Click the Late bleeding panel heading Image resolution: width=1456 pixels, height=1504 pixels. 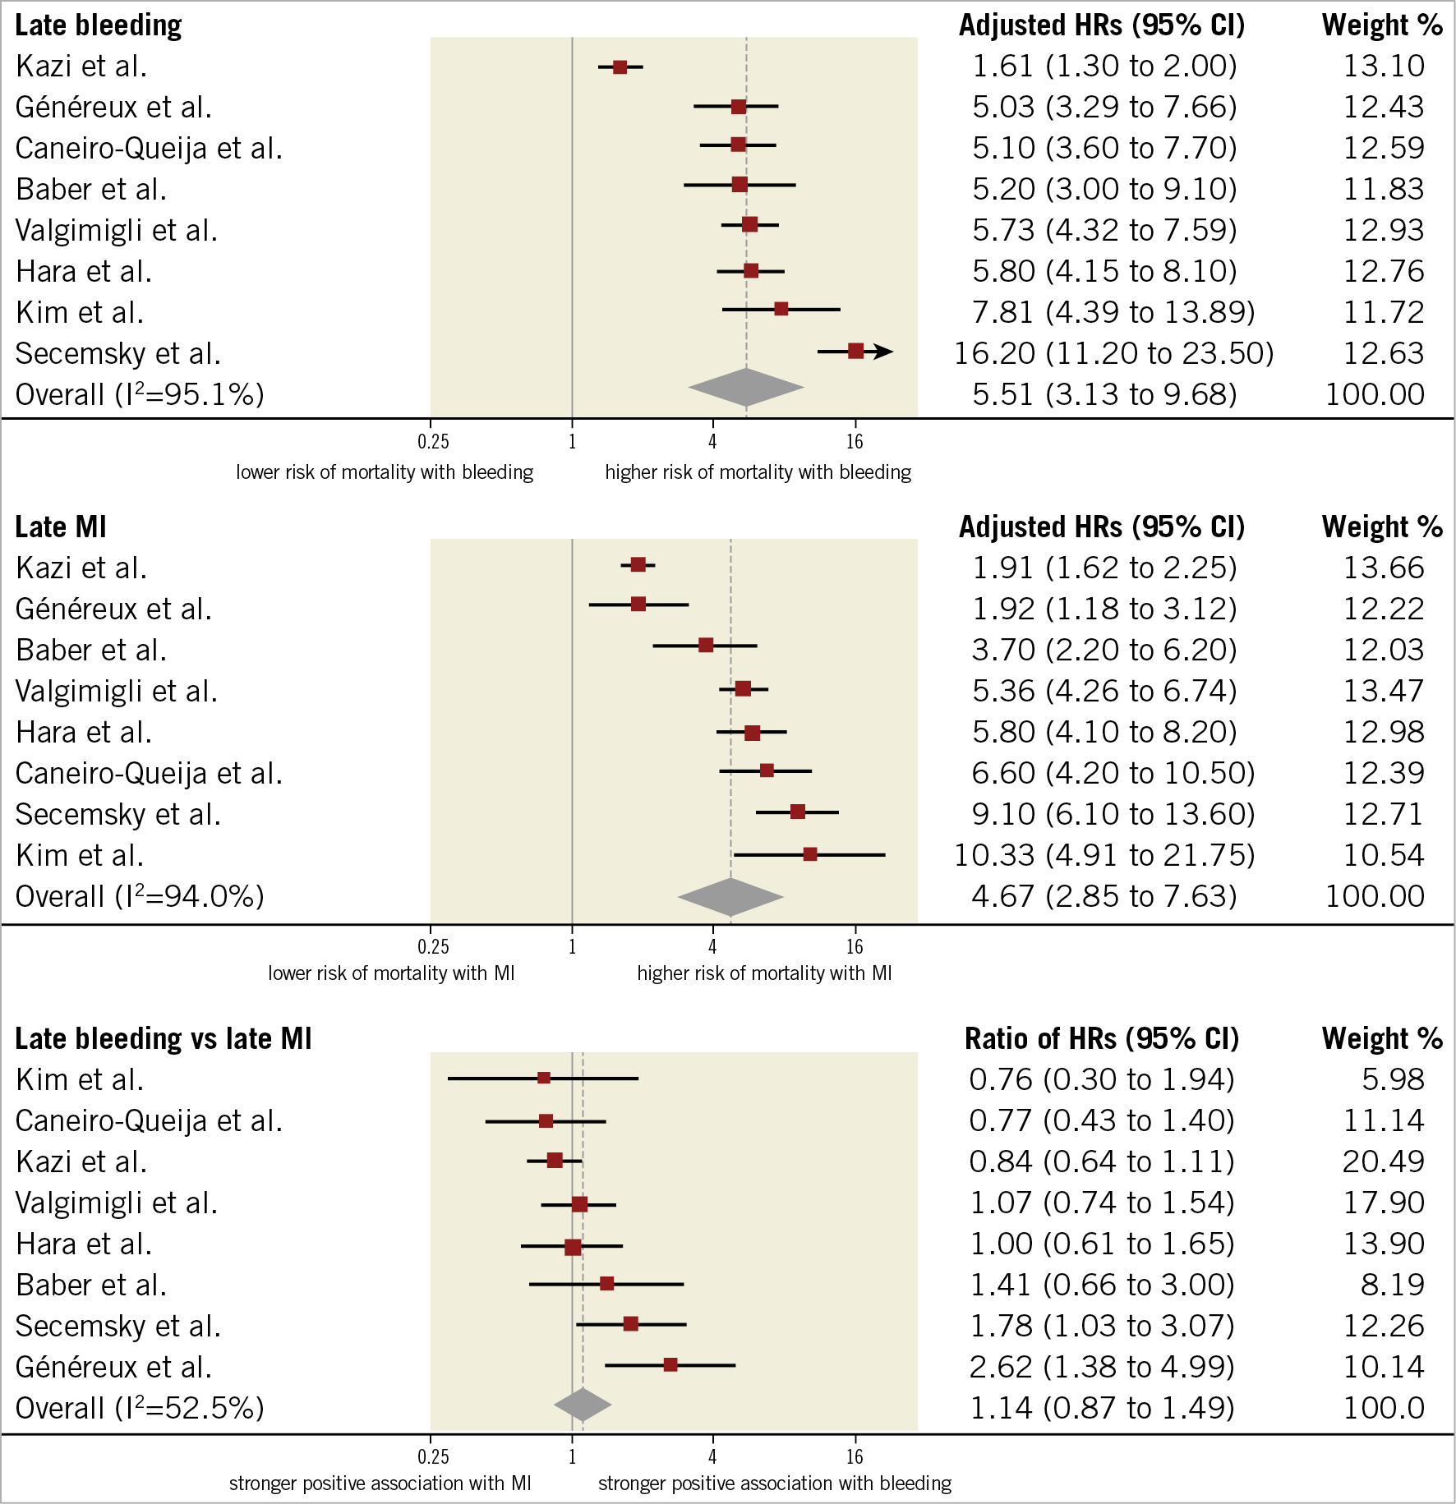99,25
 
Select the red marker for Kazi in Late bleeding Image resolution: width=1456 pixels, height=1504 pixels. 620,67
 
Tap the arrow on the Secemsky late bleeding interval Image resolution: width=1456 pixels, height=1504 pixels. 882,352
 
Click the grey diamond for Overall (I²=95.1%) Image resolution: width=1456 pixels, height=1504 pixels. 745,388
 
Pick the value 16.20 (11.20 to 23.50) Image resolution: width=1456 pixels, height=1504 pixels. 1113,353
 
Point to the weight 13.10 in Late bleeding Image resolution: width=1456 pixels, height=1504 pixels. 1384,66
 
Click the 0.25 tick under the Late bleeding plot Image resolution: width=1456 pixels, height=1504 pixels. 433,442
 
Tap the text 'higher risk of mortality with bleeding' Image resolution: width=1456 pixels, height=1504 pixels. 758,472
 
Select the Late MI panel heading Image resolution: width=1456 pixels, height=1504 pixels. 61,527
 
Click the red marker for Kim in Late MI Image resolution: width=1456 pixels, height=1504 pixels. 810,854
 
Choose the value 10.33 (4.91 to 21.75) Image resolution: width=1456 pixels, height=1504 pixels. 1104,855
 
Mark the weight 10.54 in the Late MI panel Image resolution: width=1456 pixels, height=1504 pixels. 1384,855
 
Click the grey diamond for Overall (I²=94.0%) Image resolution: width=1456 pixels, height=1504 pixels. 730,897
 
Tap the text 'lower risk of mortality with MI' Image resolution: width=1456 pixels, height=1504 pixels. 391,973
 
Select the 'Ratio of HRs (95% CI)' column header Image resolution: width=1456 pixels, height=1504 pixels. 1101,1038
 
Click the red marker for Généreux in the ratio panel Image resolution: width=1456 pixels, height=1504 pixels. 670,1364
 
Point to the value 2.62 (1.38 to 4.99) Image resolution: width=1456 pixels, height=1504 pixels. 1102,1367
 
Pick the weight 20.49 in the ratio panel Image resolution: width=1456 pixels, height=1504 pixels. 1384,1161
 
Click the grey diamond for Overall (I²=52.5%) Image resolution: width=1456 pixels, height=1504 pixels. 583,1405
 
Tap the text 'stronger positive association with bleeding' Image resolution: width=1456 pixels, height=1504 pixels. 774,1483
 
